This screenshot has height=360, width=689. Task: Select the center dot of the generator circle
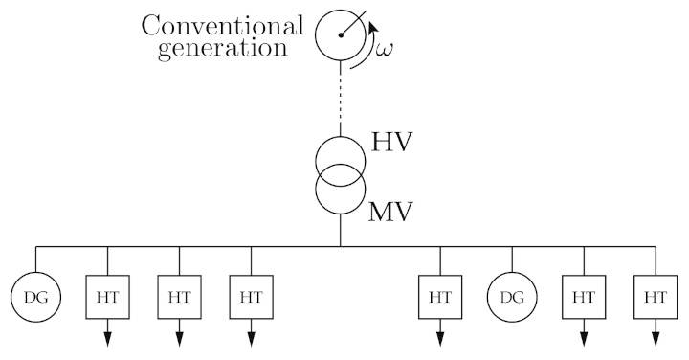point(341,35)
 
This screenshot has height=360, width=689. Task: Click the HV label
point(391,145)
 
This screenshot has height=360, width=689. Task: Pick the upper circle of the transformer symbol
point(341,156)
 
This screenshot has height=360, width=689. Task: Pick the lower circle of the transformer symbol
point(341,190)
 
